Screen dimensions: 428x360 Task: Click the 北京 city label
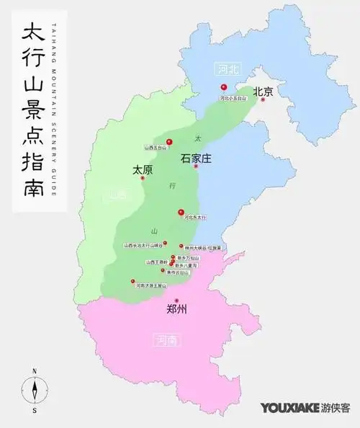coord(264,92)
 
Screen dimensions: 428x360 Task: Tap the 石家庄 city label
coord(195,158)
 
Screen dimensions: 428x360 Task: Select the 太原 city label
coord(143,171)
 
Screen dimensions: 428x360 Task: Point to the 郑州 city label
coord(176,311)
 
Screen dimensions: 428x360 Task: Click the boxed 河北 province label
coord(228,69)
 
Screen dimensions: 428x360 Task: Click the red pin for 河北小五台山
coord(224,87)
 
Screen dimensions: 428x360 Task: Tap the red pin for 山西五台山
coord(169,141)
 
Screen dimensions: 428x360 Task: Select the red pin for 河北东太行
coord(181,211)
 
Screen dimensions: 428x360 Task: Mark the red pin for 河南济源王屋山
coord(132,281)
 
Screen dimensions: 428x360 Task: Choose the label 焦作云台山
coord(176,273)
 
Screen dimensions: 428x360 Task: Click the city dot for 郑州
coord(176,300)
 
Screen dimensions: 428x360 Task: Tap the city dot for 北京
coord(264,100)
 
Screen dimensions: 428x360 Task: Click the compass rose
coord(34,391)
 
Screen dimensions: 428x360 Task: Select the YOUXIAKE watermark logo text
coord(290,408)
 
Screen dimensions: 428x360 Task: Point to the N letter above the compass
coord(34,371)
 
